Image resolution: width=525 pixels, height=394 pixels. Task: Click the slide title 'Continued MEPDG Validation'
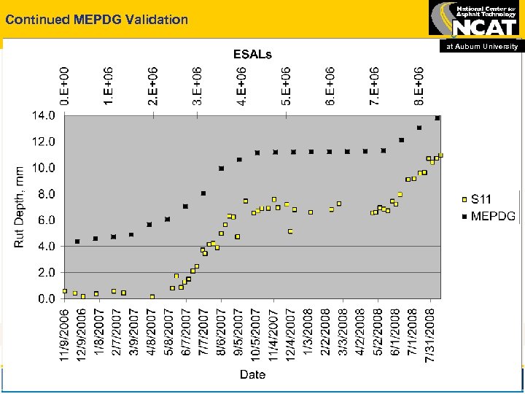coord(97,20)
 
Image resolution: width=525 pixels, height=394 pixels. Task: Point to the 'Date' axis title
coord(252,374)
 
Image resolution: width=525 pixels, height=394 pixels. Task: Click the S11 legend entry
coord(480,198)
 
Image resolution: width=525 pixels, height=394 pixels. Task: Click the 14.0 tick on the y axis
coord(42,115)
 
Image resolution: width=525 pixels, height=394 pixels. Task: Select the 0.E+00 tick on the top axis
coord(65,85)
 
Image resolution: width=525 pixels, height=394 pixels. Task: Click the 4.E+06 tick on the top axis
coord(241,85)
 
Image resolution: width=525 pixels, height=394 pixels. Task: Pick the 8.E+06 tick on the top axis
coord(419,85)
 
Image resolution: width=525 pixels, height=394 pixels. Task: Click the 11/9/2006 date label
coord(65,333)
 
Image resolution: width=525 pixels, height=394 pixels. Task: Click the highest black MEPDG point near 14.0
coord(437,118)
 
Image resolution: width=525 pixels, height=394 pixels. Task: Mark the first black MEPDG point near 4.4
coord(77,242)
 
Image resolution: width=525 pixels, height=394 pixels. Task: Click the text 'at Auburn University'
coord(483,46)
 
